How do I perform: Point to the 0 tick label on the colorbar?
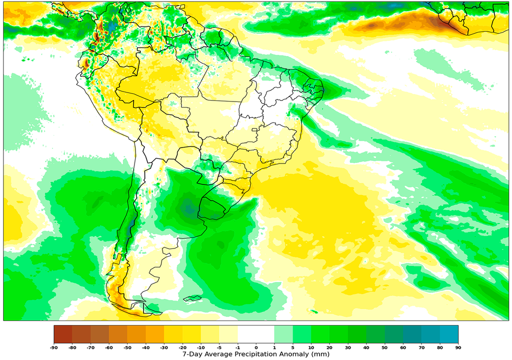pyautogui.click(x=256, y=347)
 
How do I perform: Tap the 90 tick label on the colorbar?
pyautogui.click(x=458, y=347)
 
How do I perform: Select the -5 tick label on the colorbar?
pyautogui.click(x=219, y=347)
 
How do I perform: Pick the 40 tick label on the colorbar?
pyautogui.click(x=366, y=347)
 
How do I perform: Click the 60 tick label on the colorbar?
pyautogui.click(x=403, y=347)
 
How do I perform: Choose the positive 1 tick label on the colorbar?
pyautogui.click(x=274, y=347)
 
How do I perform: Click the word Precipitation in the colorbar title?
pyautogui.click(x=250, y=354)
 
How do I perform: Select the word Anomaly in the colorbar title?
pyautogui.click(x=295, y=354)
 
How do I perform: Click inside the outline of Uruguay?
pyautogui.click(x=213, y=207)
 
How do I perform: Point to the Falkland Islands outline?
pyautogui.click(x=192, y=299)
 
